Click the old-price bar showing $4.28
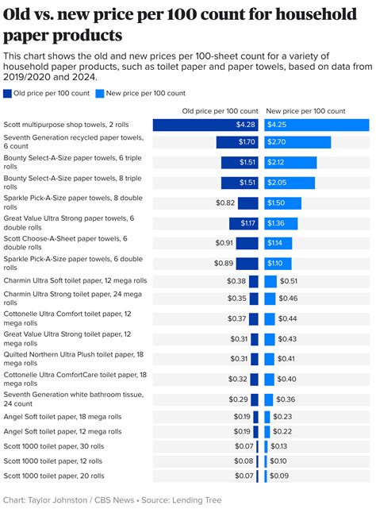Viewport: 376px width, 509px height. tap(205, 125)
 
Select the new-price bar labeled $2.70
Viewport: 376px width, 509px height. tap(297, 142)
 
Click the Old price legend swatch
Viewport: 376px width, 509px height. tap(7, 93)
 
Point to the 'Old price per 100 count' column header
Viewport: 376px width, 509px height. tap(221, 111)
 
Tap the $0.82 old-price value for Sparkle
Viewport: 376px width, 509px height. tap(225, 202)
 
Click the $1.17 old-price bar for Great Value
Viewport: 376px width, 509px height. tap(244, 223)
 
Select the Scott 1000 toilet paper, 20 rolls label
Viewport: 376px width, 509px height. tap(54, 475)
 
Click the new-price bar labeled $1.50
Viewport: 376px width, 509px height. tap(286, 202)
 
